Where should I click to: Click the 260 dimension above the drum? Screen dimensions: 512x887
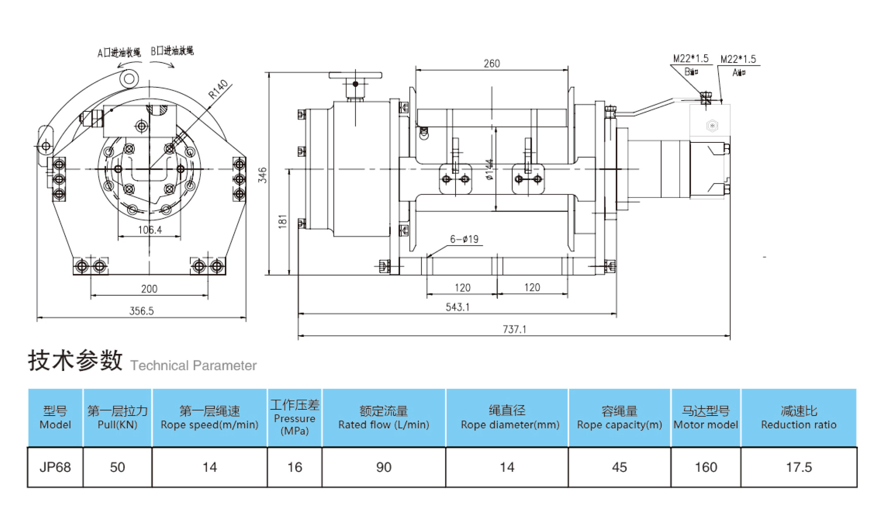coord(491,63)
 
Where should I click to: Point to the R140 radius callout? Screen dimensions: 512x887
coord(218,89)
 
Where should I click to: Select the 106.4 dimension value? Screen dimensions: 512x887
coord(150,230)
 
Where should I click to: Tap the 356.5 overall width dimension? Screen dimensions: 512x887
coord(141,311)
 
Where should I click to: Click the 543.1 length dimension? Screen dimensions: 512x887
coord(457,307)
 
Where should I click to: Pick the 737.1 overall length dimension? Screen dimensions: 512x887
coord(514,329)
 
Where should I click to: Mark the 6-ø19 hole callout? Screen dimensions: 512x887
coord(464,239)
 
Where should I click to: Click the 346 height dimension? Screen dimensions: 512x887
coord(262,175)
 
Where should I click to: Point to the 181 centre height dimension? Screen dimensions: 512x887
coord(283,221)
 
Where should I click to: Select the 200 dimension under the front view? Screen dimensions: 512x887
coord(149,289)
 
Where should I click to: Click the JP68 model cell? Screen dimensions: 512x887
coord(55,467)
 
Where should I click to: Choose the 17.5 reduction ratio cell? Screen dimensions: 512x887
coord(798,467)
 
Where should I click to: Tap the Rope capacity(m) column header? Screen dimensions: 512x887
coord(619,418)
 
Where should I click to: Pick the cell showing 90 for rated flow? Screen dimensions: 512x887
coord(384,467)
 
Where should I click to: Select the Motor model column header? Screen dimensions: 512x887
coord(705,418)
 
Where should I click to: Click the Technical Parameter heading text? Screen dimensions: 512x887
coord(193,365)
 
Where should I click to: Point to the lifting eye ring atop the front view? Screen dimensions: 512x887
coord(129,79)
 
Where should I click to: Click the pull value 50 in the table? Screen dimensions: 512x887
coord(117,467)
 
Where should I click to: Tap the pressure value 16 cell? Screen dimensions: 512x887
coord(295,467)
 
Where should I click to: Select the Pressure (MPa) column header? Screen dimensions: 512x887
coord(295,418)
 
